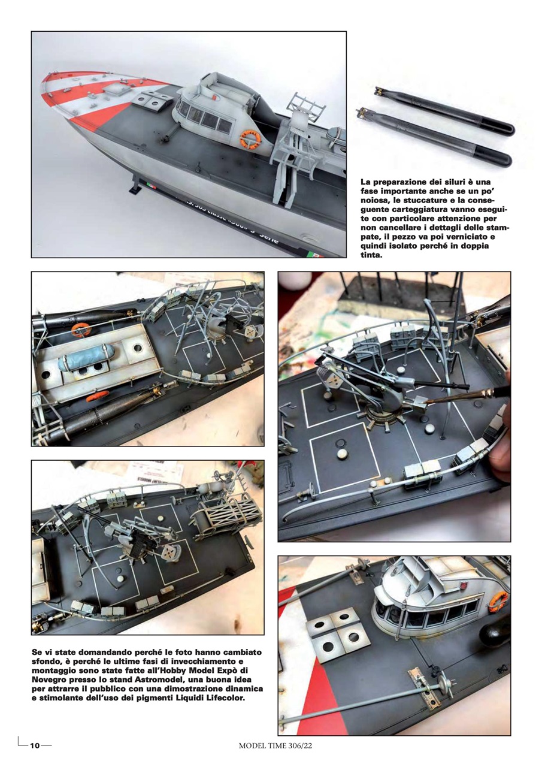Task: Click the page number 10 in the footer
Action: (x=35, y=745)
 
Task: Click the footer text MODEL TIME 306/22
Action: (x=275, y=745)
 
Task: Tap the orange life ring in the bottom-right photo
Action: (x=497, y=601)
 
